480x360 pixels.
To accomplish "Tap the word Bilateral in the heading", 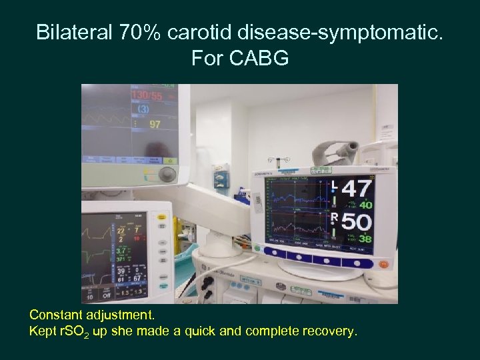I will click(x=73, y=31).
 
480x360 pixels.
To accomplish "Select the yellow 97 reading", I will click(x=155, y=124).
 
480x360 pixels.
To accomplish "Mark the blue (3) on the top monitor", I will click(x=143, y=109).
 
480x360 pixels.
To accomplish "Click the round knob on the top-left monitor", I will click(x=167, y=175).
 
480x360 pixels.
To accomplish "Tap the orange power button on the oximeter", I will click(x=383, y=263).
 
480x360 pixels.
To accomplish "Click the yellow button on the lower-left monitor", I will click(x=161, y=217).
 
